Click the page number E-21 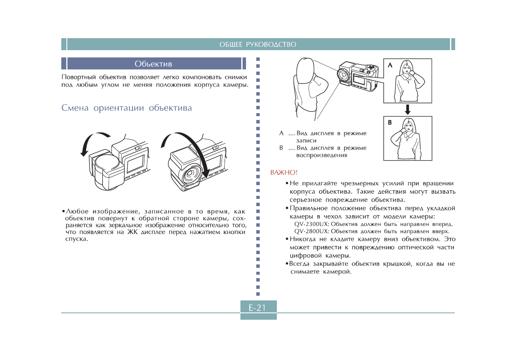point(258,307)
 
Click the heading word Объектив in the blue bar point(153,64)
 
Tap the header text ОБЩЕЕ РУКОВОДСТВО point(258,45)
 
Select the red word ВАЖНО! point(284,173)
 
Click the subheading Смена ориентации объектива point(127,108)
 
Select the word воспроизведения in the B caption point(322,155)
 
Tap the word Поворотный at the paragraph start point(79,78)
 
